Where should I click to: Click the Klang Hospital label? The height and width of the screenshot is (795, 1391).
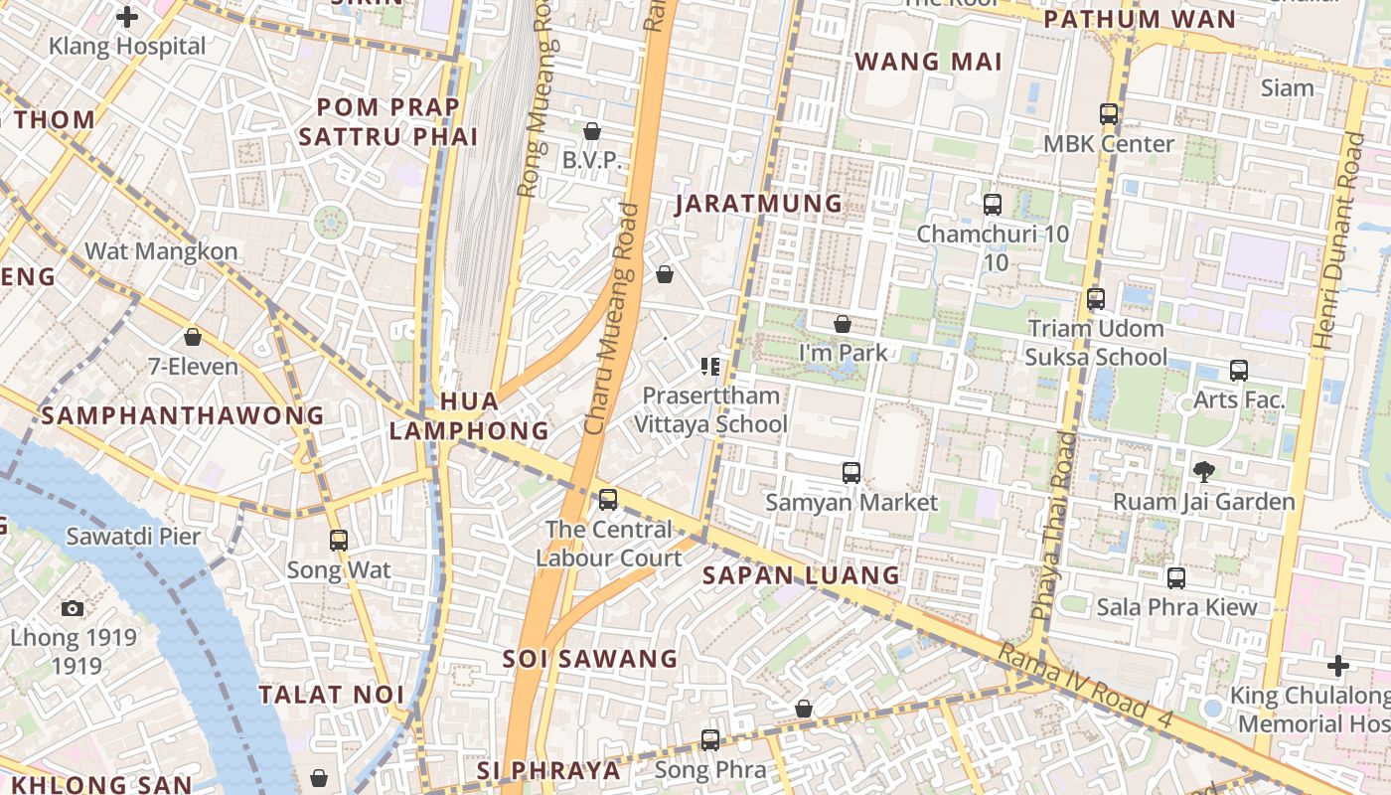(x=127, y=46)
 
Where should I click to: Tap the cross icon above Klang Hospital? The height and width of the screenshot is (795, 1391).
(x=127, y=16)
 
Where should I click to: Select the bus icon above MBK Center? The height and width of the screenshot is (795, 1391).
(x=1109, y=114)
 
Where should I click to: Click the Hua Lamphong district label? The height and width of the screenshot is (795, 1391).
(x=468, y=415)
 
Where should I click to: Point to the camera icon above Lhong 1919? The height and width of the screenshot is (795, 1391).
(x=72, y=608)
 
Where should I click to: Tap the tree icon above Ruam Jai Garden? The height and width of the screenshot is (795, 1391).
(x=1203, y=471)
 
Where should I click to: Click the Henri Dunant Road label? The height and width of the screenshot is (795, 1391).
(x=1337, y=241)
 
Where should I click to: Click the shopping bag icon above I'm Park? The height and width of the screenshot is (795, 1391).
(x=843, y=324)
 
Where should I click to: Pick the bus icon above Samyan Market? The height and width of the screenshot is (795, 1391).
(x=851, y=473)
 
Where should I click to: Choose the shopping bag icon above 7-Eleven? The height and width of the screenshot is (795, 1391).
(x=193, y=337)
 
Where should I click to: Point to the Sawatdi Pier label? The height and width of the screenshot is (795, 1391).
(x=133, y=537)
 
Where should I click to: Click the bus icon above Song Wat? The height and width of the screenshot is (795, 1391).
(x=339, y=541)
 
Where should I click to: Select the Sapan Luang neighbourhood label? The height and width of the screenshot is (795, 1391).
(x=801, y=575)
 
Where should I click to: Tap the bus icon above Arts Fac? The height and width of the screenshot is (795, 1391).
(x=1238, y=371)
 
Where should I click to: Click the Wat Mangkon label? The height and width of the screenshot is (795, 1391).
(x=161, y=250)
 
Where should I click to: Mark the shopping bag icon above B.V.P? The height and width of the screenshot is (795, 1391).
(x=592, y=131)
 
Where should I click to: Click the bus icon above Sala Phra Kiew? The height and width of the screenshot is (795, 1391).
(x=1176, y=577)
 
